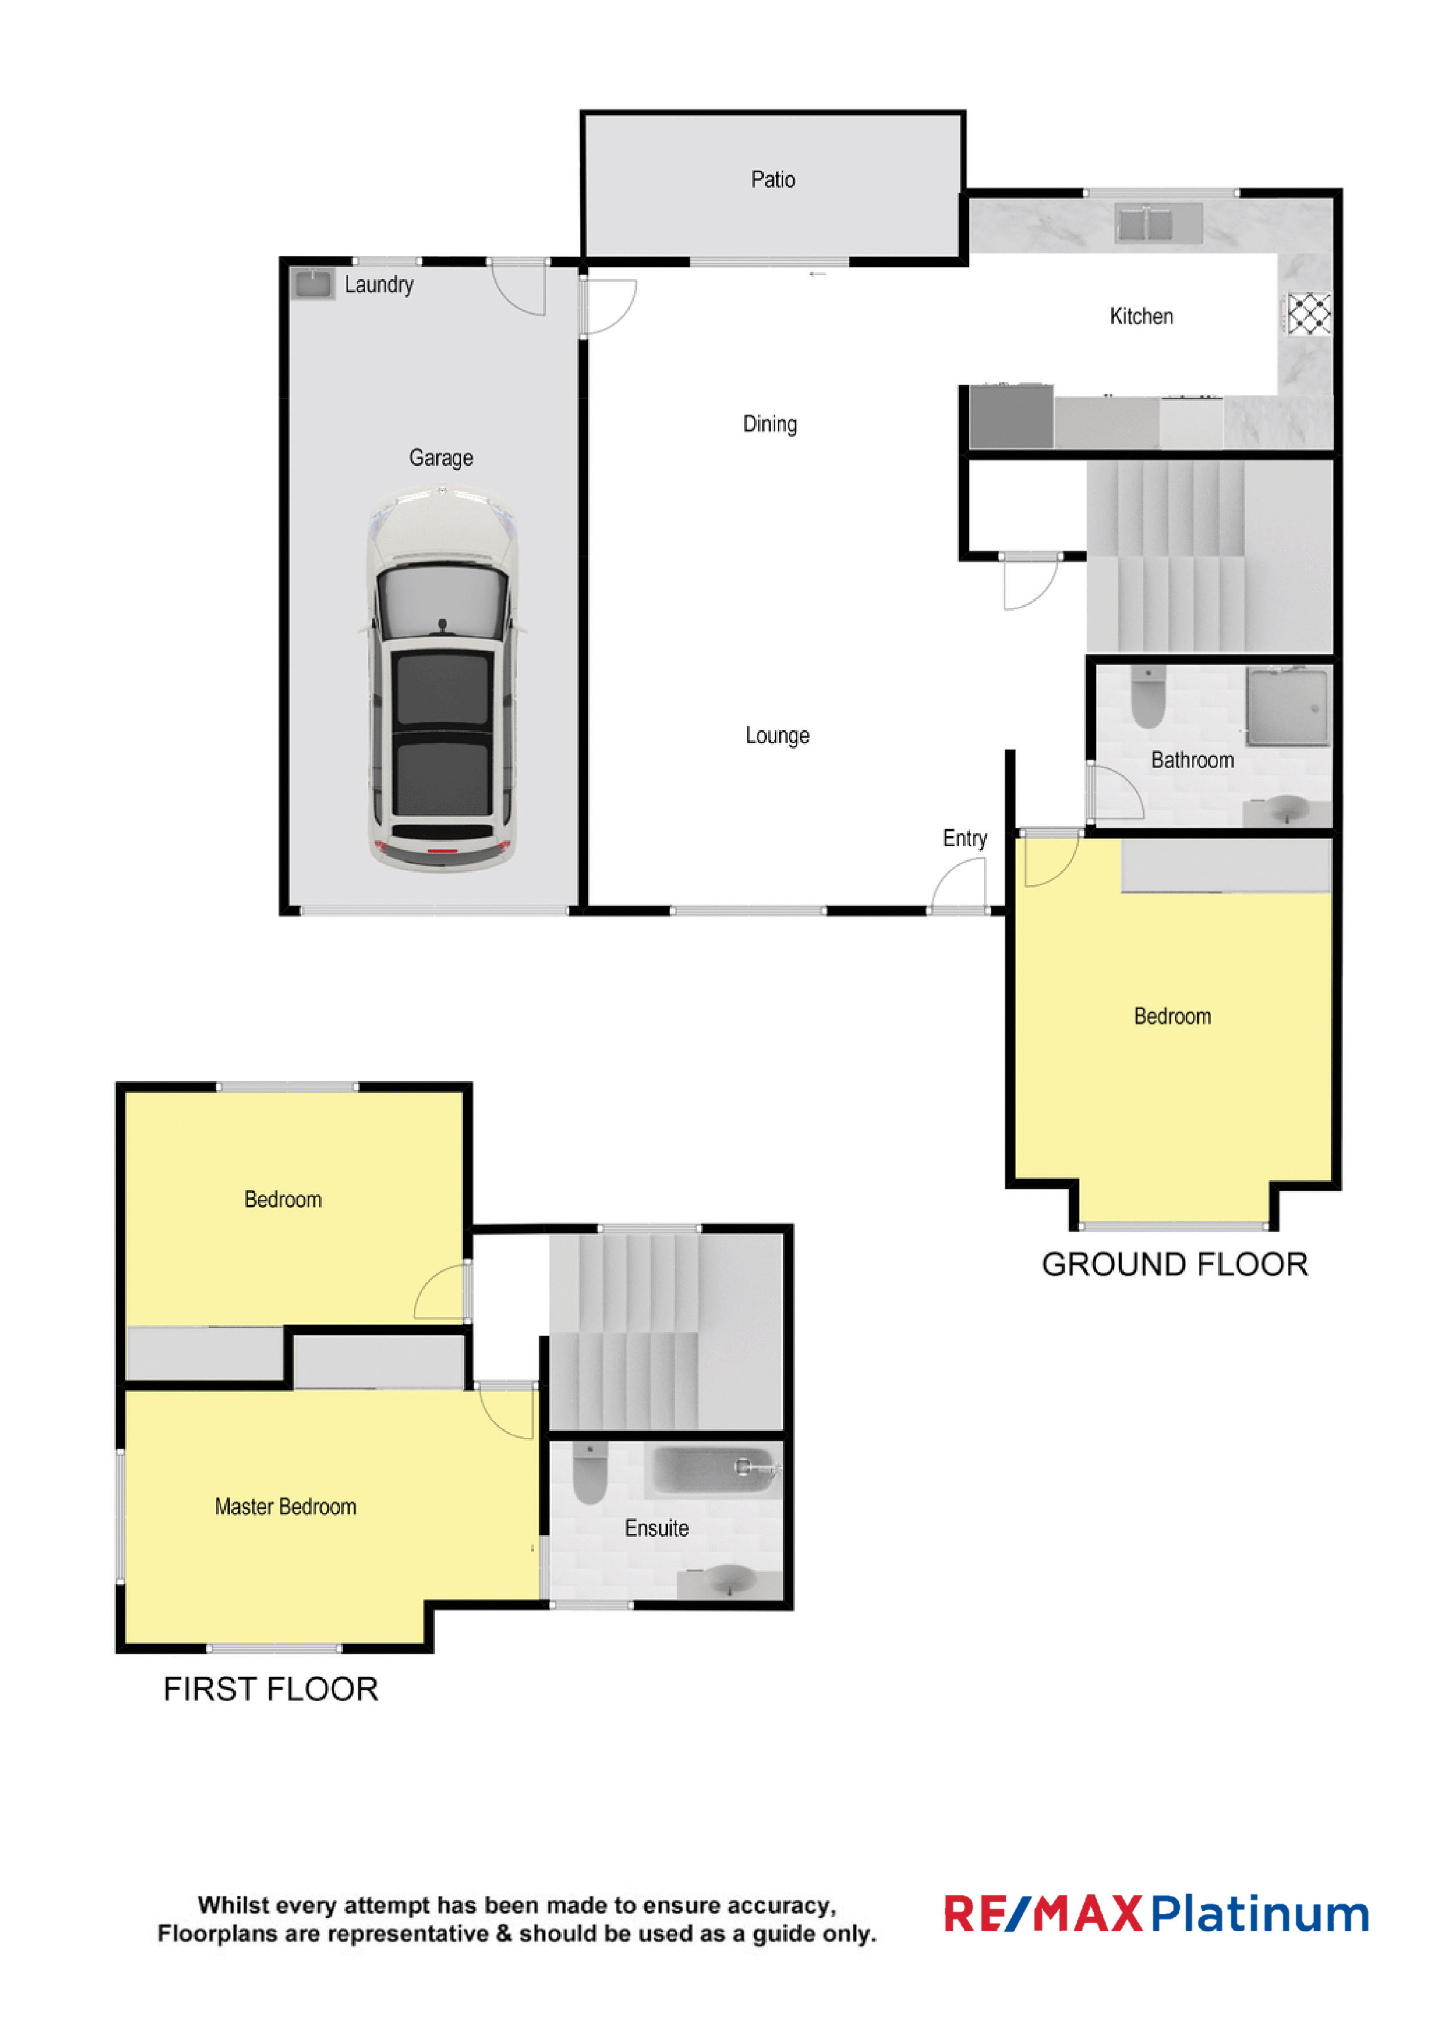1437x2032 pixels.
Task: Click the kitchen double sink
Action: click(x=1157, y=222)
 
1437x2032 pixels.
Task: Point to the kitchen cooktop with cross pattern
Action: click(x=1308, y=313)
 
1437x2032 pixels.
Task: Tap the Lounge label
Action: click(x=777, y=735)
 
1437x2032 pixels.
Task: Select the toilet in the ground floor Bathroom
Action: click(x=1147, y=697)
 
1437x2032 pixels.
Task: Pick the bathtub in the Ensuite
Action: click(x=713, y=1469)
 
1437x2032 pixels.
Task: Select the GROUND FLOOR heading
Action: click(x=1174, y=1265)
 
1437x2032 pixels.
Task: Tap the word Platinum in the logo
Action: click(x=1260, y=1914)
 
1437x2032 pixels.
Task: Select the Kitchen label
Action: click(x=1141, y=316)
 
